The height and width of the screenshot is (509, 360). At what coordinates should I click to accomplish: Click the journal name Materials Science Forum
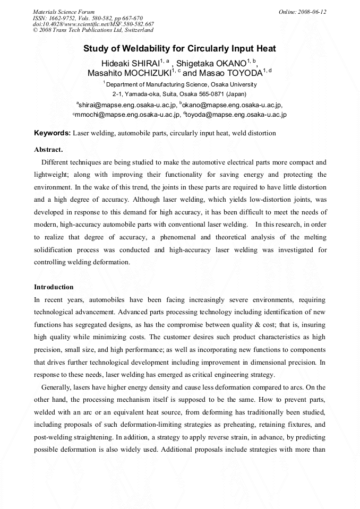[x=64, y=12]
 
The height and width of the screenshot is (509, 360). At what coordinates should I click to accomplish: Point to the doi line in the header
[x=93, y=24]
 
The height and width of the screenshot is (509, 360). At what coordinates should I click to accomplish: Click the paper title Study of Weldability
[x=179, y=49]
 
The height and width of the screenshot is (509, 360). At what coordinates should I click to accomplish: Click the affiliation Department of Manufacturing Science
[x=181, y=84]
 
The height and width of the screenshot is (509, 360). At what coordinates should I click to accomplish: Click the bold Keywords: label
[x=52, y=133]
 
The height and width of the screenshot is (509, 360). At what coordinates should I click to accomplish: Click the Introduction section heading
[x=54, y=287]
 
